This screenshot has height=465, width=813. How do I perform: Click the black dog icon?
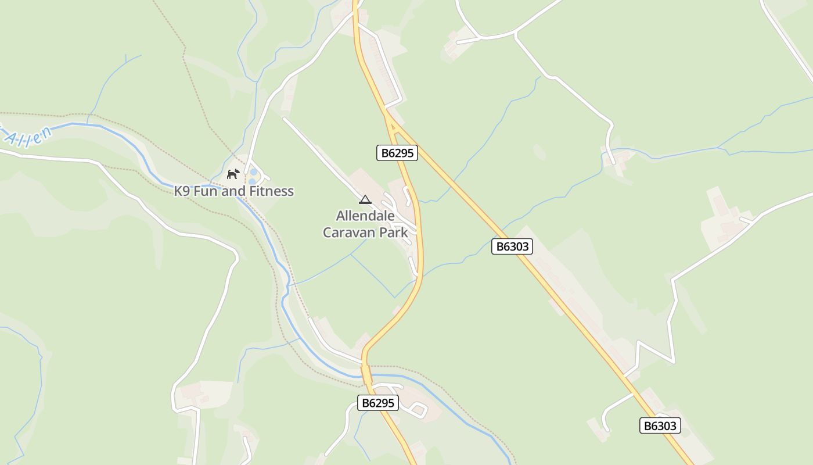pyautogui.click(x=233, y=174)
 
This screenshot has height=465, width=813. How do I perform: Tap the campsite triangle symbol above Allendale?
pyautogui.click(x=365, y=200)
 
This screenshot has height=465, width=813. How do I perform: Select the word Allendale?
pyautogui.click(x=365, y=216)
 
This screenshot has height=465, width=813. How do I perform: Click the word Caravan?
pyautogui.click(x=350, y=233)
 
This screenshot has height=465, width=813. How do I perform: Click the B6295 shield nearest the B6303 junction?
pyautogui.click(x=397, y=153)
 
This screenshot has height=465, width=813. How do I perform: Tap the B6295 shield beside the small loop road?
pyautogui.click(x=377, y=403)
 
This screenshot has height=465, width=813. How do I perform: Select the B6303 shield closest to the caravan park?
pyautogui.click(x=512, y=246)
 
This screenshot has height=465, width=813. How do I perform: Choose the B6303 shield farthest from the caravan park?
pyautogui.click(x=660, y=425)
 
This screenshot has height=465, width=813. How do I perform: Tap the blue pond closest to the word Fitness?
pyautogui.click(x=253, y=181)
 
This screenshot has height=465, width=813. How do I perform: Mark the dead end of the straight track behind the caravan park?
pyautogui.click(x=285, y=119)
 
